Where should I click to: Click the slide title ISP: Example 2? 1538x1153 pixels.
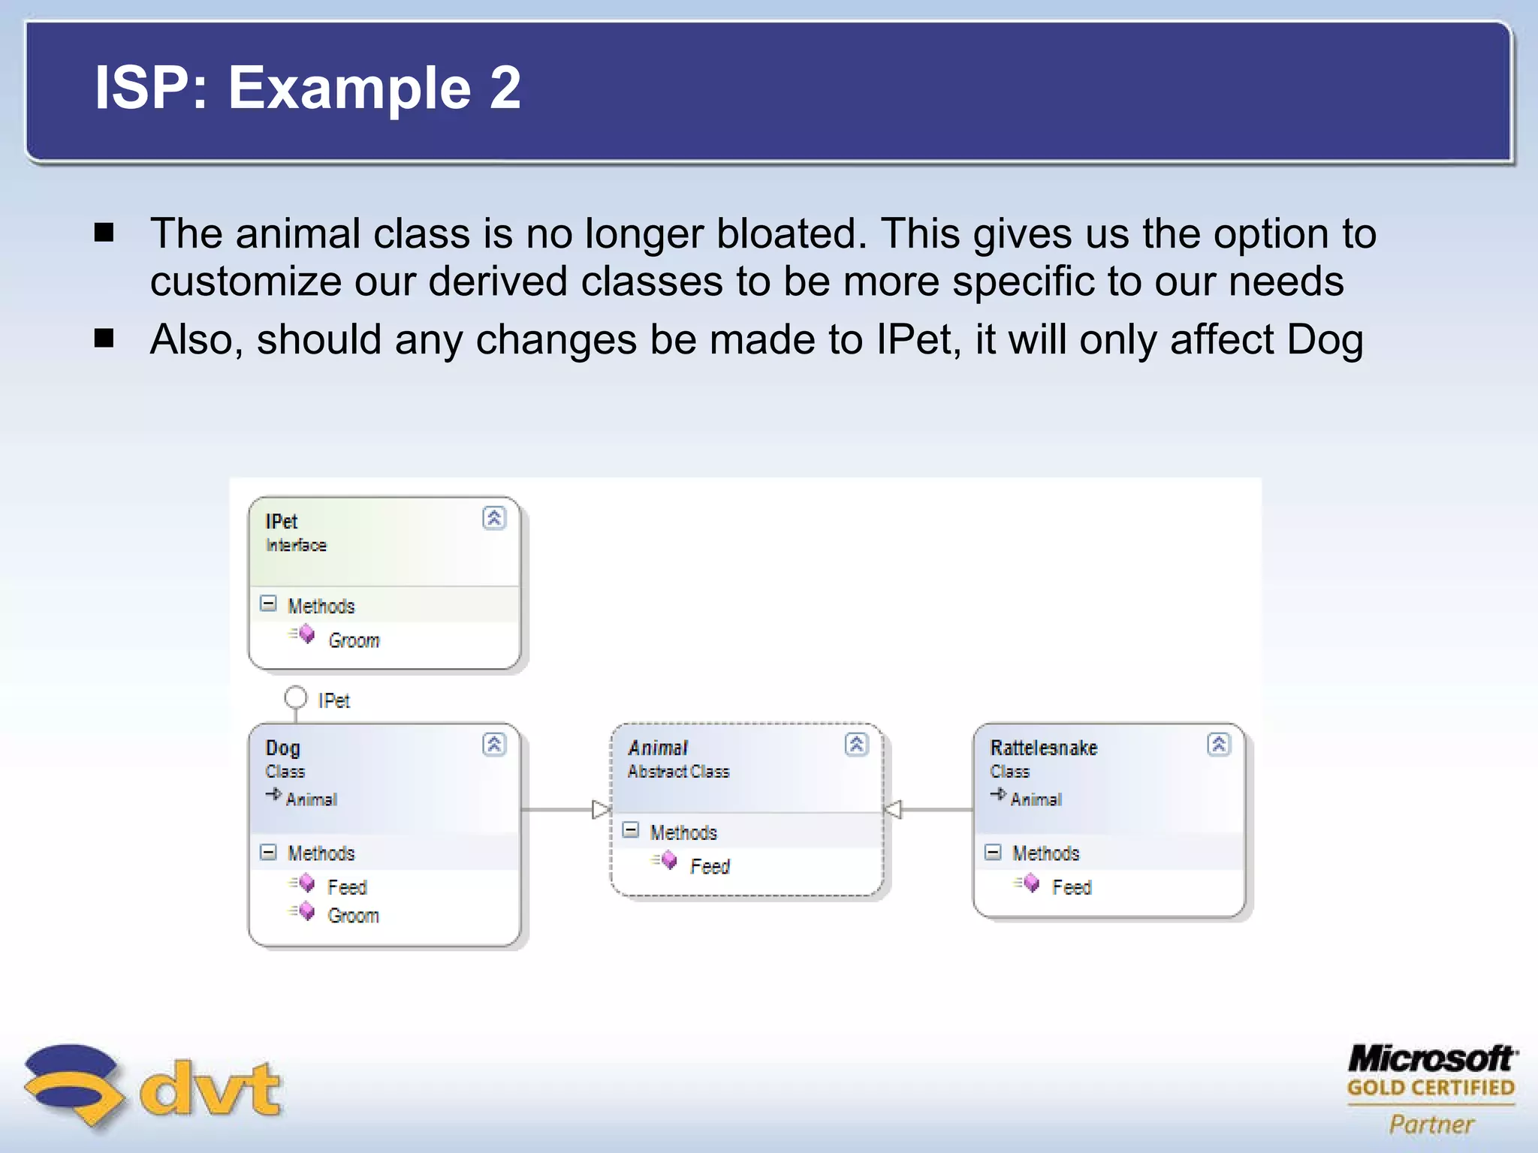point(307,88)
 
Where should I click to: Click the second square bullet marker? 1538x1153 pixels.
point(104,339)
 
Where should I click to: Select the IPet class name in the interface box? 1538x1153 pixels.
point(282,521)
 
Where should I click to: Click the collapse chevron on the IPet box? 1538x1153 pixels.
point(494,518)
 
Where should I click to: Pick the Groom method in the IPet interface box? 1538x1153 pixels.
point(354,640)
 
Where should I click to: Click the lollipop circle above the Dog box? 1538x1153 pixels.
point(295,698)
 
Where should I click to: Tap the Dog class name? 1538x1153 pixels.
point(282,748)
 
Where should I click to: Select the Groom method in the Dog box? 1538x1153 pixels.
point(353,916)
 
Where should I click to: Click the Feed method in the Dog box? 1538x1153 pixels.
point(347,887)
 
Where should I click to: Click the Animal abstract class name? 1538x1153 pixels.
point(658,748)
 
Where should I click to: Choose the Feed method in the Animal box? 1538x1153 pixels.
point(710,866)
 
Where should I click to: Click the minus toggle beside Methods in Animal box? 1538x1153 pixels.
point(631,830)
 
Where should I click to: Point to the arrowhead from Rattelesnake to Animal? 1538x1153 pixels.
point(892,809)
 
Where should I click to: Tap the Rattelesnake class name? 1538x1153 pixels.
point(1043,748)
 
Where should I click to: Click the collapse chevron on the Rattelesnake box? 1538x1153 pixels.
point(1219,744)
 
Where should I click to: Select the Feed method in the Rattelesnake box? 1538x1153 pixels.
point(1072,887)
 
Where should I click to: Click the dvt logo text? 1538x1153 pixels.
point(210,1088)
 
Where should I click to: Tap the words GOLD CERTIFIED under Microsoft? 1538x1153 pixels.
point(1431,1088)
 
